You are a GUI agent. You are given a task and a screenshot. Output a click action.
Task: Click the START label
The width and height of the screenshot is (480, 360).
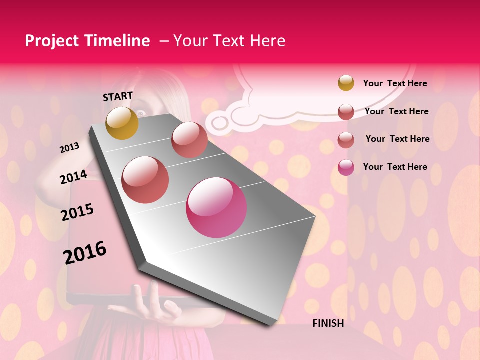[x=118, y=96]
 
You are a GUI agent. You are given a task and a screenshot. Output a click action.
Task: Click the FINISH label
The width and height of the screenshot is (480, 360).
[x=328, y=323]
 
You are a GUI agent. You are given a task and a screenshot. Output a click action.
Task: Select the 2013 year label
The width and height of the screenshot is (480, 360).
[x=69, y=148]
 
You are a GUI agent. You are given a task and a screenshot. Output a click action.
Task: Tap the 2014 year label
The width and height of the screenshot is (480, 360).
[x=73, y=177]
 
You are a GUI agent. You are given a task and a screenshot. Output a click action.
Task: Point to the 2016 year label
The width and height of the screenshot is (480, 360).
[x=85, y=253]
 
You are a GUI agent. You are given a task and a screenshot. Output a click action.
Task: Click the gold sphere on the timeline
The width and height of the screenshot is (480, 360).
[x=122, y=123]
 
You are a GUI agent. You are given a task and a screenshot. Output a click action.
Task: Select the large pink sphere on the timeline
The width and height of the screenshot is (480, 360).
[x=216, y=208]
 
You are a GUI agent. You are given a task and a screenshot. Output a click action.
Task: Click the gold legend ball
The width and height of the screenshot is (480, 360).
[x=346, y=83]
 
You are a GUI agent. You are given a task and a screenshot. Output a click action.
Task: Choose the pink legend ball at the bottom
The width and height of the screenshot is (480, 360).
[x=346, y=167]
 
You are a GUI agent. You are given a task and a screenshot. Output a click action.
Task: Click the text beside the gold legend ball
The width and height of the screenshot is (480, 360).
[x=395, y=83]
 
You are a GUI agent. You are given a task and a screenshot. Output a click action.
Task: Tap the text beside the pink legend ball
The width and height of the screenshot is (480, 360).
[x=395, y=167]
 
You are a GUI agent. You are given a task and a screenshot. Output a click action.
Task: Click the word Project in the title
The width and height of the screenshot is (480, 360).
[x=52, y=41]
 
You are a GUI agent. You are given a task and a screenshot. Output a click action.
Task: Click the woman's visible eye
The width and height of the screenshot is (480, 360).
[x=141, y=113]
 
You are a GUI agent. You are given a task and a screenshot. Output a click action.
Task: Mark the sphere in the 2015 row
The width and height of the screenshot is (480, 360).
[x=145, y=180]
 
